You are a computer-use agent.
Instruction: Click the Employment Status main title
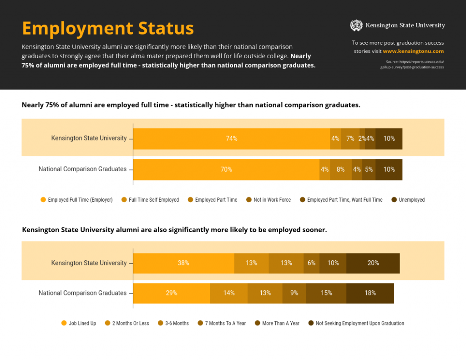click(x=108, y=28)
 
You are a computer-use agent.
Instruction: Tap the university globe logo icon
click(x=356, y=25)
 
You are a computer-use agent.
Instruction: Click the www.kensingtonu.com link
click(x=413, y=51)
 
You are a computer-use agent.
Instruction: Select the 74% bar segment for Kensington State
click(x=231, y=139)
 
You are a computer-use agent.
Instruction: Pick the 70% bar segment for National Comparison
click(x=226, y=169)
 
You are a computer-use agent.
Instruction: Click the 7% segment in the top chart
click(x=350, y=139)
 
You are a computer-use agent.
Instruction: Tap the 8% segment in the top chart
click(x=340, y=169)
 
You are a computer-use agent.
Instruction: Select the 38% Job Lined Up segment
click(x=183, y=263)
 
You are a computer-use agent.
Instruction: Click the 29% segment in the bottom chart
click(x=171, y=293)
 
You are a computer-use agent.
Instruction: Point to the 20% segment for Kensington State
click(x=373, y=263)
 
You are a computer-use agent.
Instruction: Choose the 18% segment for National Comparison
click(x=370, y=293)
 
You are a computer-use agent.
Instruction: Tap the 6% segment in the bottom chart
click(x=311, y=263)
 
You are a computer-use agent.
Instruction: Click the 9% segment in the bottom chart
click(x=294, y=293)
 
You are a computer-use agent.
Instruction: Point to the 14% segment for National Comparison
click(x=228, y=293)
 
